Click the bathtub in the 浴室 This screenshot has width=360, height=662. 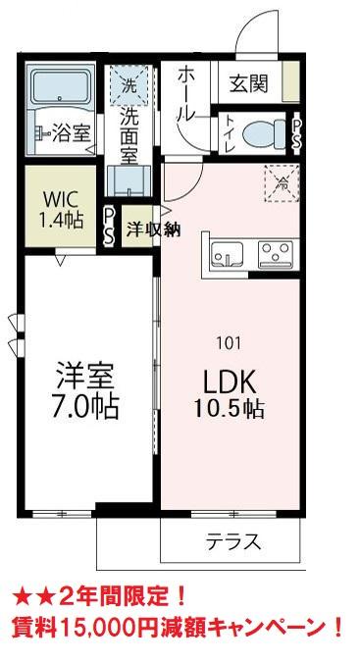pos(60,92)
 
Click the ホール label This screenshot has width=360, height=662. pos(185,94)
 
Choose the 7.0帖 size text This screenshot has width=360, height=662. pos(86,406)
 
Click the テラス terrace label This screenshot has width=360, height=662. pos(232,540)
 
